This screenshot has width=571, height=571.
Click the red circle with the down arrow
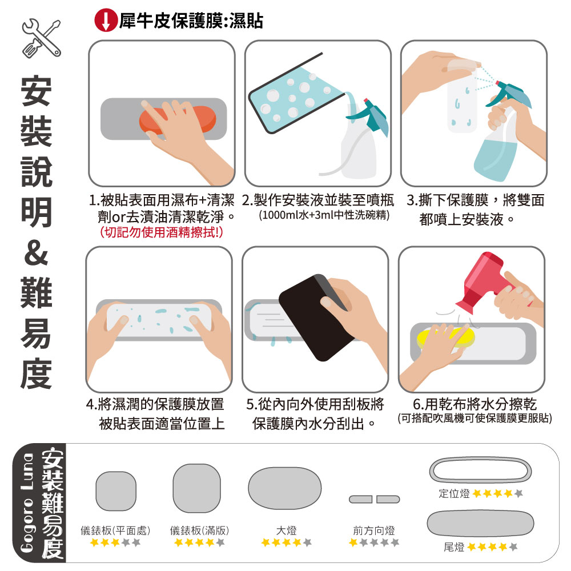(x=106, y=21)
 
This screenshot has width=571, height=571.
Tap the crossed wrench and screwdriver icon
(x=41, y=38)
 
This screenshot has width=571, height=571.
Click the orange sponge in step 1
(x=178, y=119)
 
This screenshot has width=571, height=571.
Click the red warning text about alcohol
(x=162, y=232)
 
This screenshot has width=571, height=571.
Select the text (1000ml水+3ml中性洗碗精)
(x=324, y=215)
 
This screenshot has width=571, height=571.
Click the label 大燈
(x=286, y=530)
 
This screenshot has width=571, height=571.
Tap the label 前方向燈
(x=374, y=530)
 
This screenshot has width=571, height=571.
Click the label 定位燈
(x=454, y=493)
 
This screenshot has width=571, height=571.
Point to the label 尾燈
(x=454, y=546)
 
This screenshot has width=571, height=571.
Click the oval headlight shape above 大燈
(x=285, y=489)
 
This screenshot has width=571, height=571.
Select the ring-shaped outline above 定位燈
(x=480, y=460)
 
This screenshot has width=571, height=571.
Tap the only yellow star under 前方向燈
(x=353, y=542)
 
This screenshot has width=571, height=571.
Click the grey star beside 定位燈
(x=518, y=493)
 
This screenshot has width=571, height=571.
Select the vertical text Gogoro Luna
(x=27, y=503)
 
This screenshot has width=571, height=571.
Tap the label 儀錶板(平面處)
(x=115, y=530)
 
